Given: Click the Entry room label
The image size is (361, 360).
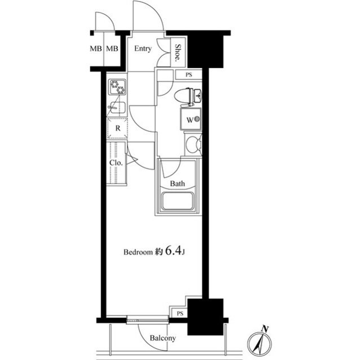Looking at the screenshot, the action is [143, 48].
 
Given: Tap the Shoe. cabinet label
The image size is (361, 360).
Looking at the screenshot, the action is [178, 52].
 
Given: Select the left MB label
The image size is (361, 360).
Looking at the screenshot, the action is [96, 48].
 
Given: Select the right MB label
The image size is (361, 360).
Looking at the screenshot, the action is [112, 48].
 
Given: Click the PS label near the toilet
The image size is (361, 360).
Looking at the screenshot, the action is [189, 75].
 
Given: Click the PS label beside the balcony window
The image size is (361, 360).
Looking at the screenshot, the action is [180, 313].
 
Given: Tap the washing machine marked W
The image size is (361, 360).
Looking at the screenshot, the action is [191, 119].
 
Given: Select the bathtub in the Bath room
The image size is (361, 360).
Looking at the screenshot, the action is [177, 201].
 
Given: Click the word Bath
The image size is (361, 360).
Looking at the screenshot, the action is [177, 184].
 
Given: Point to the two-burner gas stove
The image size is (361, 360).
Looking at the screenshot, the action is [118, 87].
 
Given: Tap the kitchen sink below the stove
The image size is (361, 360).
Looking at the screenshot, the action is [117, 108].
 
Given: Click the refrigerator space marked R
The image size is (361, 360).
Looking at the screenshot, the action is [118, 128].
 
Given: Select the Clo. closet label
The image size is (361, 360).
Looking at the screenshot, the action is [116, 163].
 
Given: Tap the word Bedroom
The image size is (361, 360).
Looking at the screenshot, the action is [138, 252].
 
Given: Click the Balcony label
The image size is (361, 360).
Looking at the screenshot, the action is [163, 338].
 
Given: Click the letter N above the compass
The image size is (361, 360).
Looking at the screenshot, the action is [265, 329].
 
